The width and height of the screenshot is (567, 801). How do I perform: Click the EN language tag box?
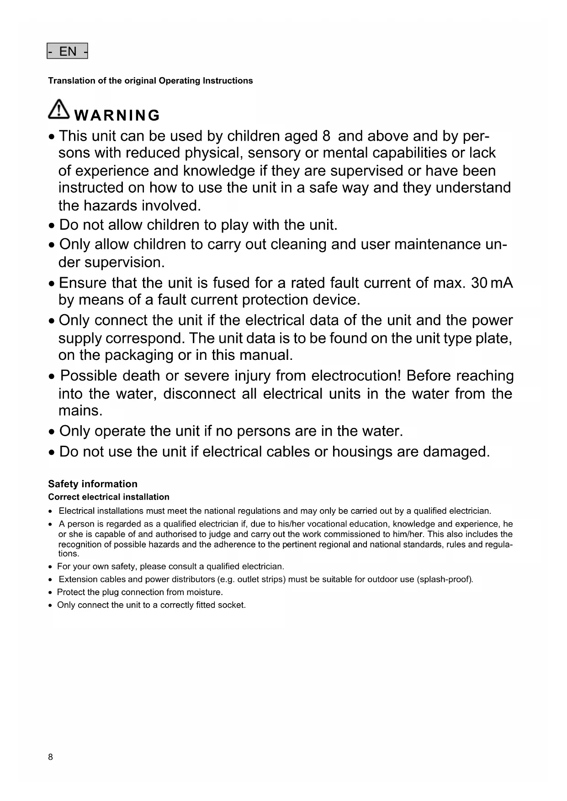[x=67, y=51]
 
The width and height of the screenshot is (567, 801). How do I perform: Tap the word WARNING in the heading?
[x=117, y=116]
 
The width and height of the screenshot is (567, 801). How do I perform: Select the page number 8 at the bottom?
[x=50, y=757]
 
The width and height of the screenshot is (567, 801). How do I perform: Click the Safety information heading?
[x=93, y=484]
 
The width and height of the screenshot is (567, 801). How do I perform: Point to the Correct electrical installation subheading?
[x=109, y=497]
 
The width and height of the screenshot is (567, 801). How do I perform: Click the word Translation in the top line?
[x=71, y=81]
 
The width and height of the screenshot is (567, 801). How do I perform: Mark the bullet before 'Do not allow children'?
[x=53, y=226]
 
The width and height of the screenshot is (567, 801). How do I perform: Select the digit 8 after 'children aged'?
[x=326, y=136]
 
